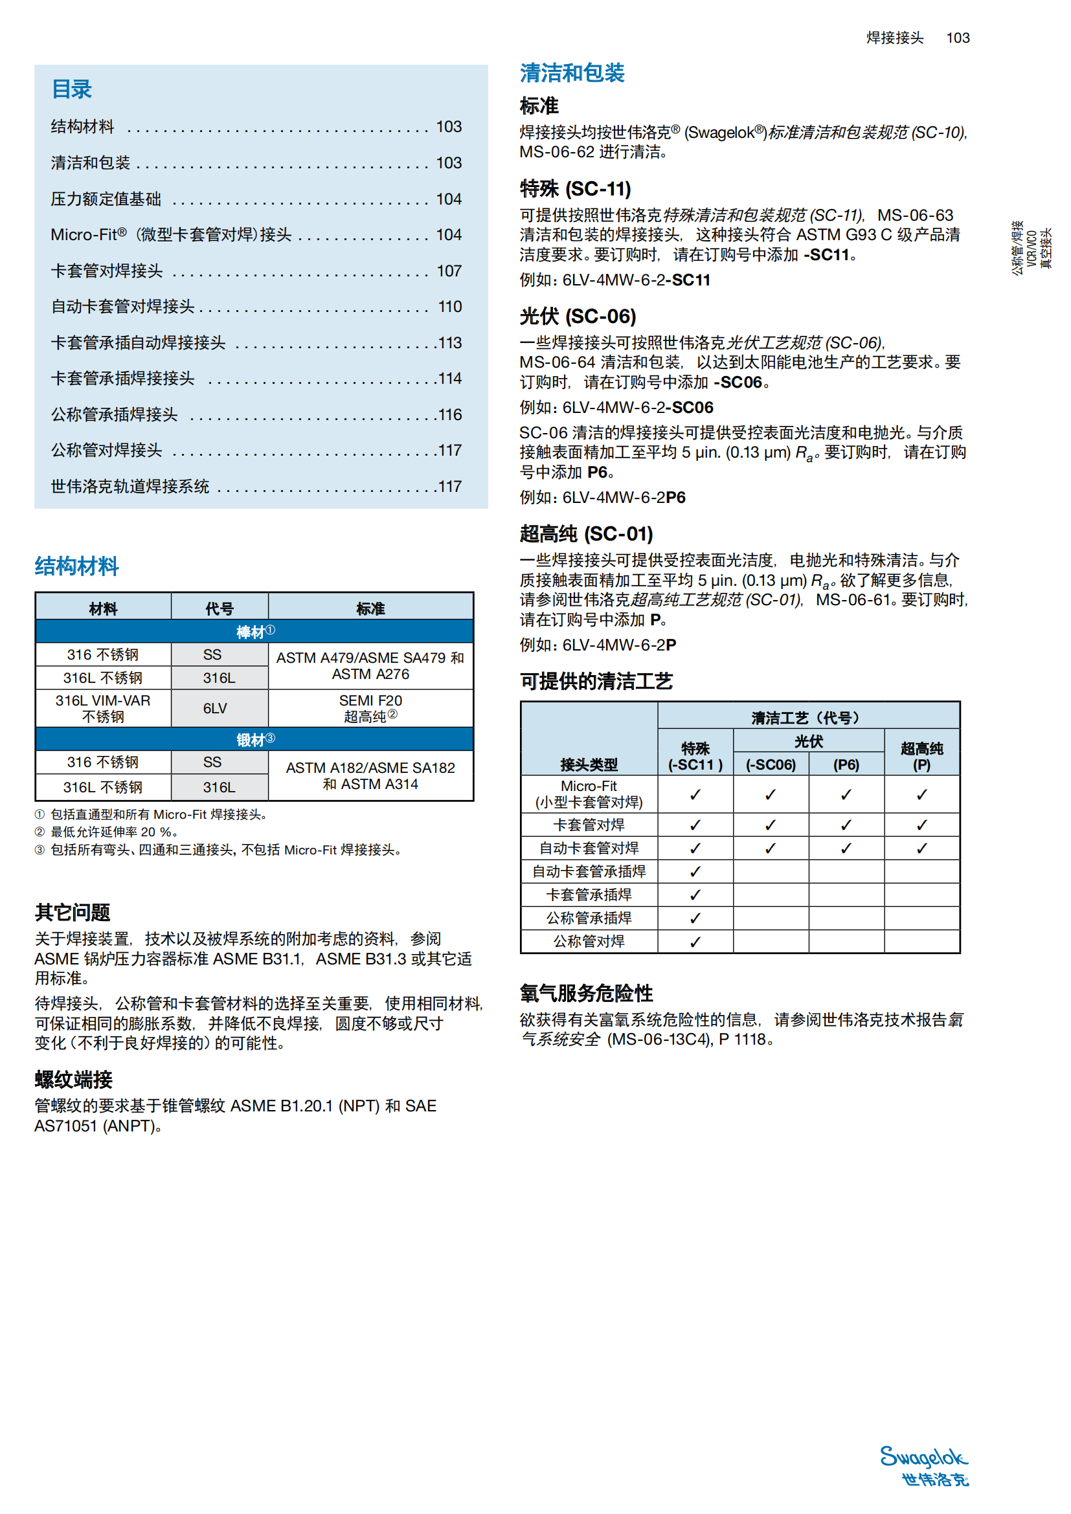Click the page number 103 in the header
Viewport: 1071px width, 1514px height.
(958, 38)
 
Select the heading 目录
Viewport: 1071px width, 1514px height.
(72, 89)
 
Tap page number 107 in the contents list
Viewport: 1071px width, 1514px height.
(449, 271)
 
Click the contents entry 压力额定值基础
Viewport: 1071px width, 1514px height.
(106, 199)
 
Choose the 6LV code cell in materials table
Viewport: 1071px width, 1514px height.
(215, 708)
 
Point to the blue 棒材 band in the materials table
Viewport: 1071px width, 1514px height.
(254, 632)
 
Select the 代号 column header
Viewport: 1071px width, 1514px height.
(219, 608)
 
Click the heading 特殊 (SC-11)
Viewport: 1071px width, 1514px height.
(575, 189)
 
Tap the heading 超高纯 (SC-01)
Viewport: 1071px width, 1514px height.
(586, 533)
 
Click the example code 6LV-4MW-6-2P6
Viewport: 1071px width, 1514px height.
(623, 497)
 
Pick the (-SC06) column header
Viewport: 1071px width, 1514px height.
(771, 765)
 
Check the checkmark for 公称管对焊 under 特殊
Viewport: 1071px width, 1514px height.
(695, 942)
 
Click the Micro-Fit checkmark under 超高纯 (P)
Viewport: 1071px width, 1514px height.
(921, 795)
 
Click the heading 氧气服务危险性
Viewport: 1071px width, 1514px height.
(586, 993)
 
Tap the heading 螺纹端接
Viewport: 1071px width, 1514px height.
(74, 1080)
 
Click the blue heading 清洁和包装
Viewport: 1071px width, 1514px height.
(572, 73)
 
